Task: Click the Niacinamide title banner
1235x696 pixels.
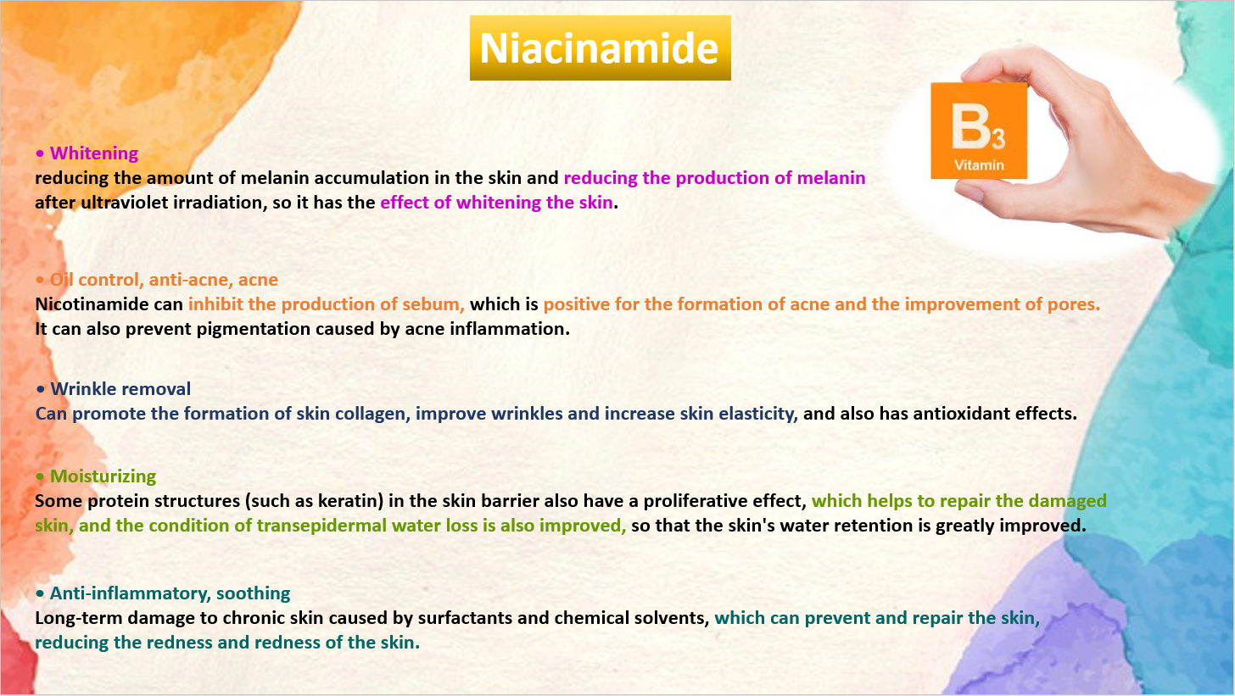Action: coord(600,48)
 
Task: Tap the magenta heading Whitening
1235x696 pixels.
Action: coord(93,153)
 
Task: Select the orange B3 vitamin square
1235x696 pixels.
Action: coord(979,131)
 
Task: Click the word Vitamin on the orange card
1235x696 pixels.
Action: coord(979,164)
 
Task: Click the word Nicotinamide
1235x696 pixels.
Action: coord(82,304)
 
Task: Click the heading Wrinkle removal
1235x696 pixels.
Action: coord(120,389)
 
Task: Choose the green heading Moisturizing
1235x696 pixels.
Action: coord(103,476)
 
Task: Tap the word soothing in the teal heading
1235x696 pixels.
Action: coord(253,593)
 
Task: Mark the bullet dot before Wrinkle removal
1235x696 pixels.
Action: coord(40,390)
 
